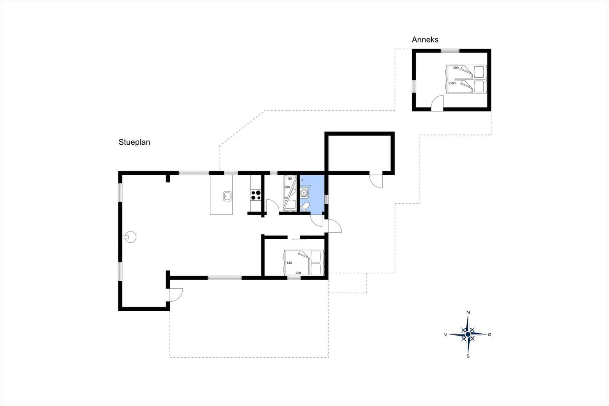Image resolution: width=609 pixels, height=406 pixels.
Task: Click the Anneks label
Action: pyautogui.click(x=425, y=40)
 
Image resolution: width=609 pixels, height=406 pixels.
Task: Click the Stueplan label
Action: pyautogui.click(x=134, y=142)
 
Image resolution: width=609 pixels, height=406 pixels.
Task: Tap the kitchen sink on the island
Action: pyautogui.click(x=227, y=196)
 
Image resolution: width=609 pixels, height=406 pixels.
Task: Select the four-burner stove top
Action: pyautogui.click(x=256, y=195)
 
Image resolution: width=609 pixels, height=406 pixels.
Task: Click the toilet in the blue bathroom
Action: pyautogui.click(x=305, y=207)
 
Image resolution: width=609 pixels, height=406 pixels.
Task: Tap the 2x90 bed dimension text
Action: pyautogui.click(x=452, y=83)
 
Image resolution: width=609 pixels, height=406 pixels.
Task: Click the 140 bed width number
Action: pyautogui.click(x=289, y=263)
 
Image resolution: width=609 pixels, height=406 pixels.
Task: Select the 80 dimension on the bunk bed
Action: pyautogui.click(x=290, y=179)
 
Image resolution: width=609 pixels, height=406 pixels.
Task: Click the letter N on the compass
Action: pyautogui.click(x=468, y=312)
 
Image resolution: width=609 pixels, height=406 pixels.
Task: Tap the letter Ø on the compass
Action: pyautogui.click(x=489, y=335)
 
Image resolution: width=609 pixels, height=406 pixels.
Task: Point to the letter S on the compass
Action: pyautogui.click(x=468, y=356)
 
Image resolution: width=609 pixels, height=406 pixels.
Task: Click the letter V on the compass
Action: pyautogui.click(x=446, y=335)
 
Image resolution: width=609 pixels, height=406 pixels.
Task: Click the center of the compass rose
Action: pyautogui.click(x=468, y=334)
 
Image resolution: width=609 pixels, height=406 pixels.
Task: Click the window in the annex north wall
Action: pyautogui.click(x=450, y=51)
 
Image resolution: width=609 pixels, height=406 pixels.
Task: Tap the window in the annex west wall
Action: pyautogui.click(x=414, y=86)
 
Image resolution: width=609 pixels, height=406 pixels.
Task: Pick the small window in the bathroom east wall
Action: pyautogui.click(x=327, y=199)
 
